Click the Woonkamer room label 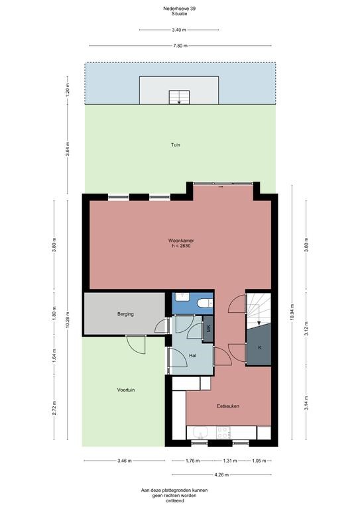tap(181, 241)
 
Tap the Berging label tap(125, 314)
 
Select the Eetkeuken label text tap(228, 406)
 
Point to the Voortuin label tap(126, 390)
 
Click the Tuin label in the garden tap(176, 144)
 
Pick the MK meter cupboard tap(208, 329)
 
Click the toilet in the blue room tap(204, 304)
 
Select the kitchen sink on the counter tap(201, 433)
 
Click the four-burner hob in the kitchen tap(223, 433)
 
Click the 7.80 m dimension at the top tap(180, 46)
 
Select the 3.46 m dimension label tap(125, 461)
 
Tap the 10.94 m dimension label tap(292, 313)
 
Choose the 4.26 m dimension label tap(221, 475)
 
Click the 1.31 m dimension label tap(230, 461)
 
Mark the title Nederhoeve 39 tap(179, 9)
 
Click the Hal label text tap(192, 356)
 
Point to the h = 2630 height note tap(181, 246)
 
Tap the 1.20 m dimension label tap(68, 90)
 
